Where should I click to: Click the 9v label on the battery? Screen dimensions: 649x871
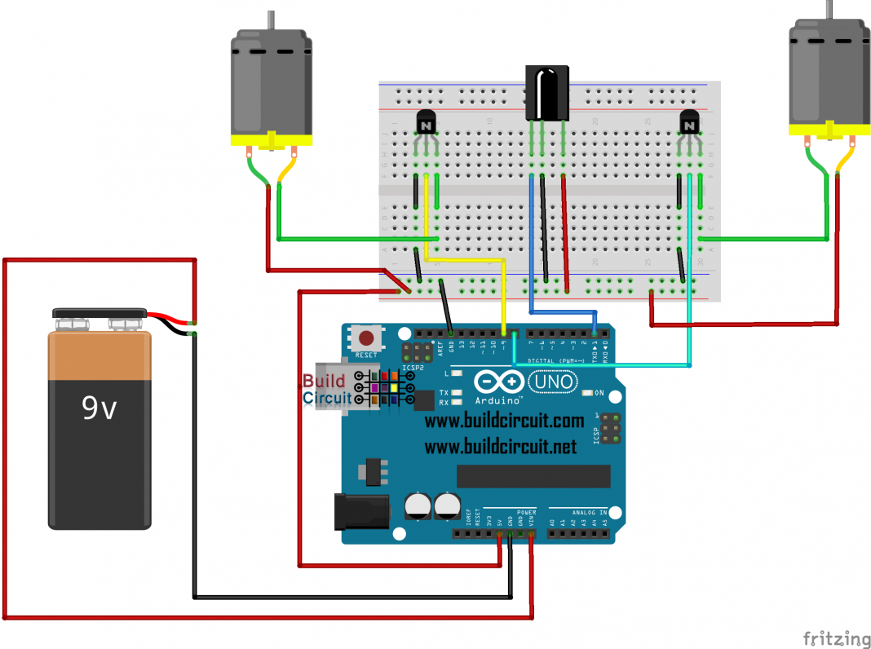click(99, 407)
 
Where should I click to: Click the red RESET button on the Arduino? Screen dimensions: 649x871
click(366, 338)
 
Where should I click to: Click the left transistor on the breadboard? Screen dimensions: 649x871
click(426, 124)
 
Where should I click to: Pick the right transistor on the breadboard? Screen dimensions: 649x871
click(690, 124)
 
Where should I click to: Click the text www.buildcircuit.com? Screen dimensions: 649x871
click(504, 422)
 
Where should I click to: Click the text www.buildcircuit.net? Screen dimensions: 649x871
click(500, 447)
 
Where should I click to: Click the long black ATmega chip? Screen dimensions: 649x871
click(533, 476)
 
